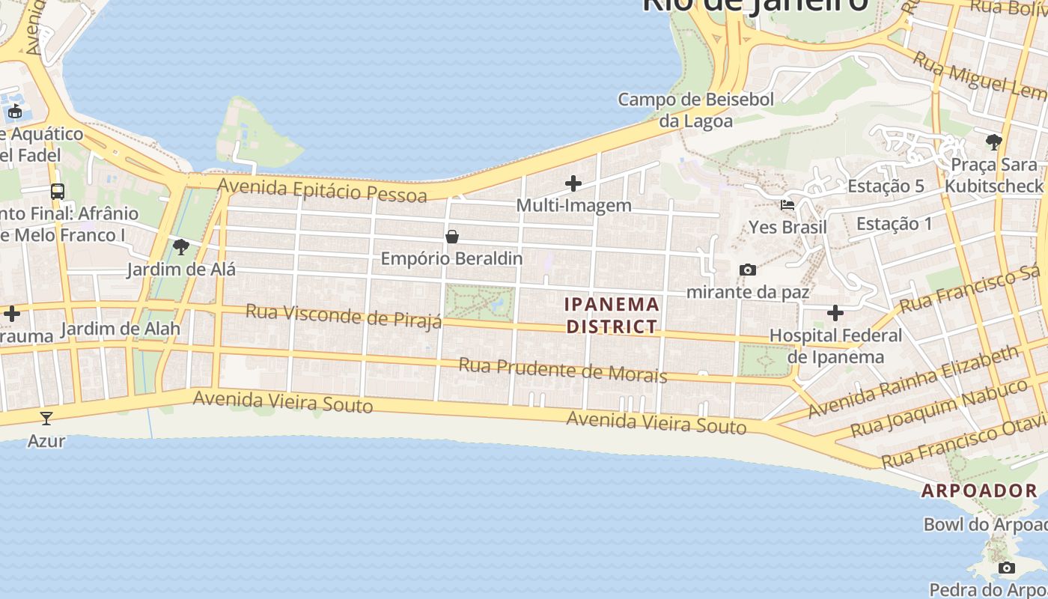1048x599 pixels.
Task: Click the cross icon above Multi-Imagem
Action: tap(573, 183)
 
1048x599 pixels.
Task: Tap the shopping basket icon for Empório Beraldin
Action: tap(452, 237)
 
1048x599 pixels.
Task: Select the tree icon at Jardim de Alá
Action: tap(180, 247)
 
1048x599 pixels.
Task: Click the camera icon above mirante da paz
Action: tap(747, 270)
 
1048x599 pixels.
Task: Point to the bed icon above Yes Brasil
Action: tap(787, 205)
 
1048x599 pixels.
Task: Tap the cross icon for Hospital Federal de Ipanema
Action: tap(835, 313)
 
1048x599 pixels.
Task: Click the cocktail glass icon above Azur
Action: tap(46, 419)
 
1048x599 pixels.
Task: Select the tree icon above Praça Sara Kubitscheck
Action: tap(993, 142)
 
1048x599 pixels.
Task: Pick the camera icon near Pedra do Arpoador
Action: tap(1007, 568)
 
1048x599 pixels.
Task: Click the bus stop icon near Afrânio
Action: tap(58, 192)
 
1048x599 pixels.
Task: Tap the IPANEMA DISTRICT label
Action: tap(612, 315)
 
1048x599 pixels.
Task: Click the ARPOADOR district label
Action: tap(979, 491)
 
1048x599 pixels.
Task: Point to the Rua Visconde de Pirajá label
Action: tap(344, 316)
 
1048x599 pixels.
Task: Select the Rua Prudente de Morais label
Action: tap(562, 369)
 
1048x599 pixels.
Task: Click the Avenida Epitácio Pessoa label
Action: tap(323, 190)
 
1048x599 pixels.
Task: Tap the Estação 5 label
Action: tap(886, 186)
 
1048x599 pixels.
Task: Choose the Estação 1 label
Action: tap(895, 223)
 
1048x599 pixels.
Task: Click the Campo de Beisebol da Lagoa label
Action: tap(695, 109)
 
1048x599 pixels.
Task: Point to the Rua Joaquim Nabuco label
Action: tap(940, 408)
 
